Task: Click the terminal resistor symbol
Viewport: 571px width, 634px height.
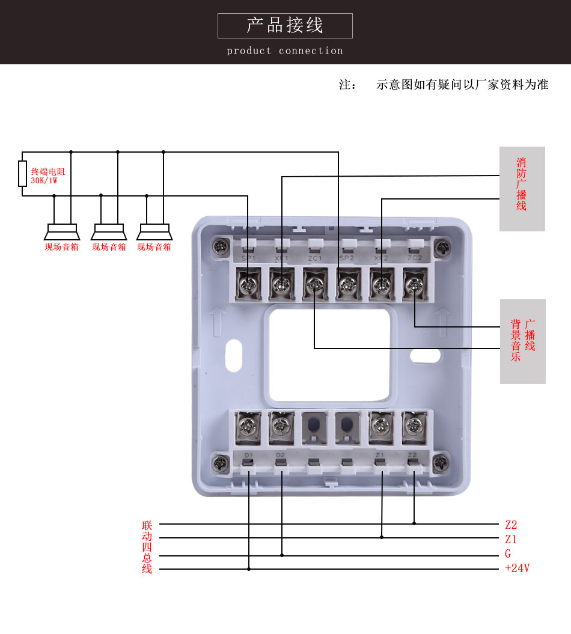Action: (x=22, y=173)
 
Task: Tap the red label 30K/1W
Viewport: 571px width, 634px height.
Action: (x=44, y=180)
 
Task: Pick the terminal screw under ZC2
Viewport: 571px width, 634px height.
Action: (x=414, y=282)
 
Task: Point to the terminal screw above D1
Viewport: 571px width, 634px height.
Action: (x=247, y=427)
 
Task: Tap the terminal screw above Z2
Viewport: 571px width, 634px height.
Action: (x=413, y=426)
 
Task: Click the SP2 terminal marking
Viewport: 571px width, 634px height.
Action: (x=346, y=258)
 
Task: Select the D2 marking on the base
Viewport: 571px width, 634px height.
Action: (x=280, y=455)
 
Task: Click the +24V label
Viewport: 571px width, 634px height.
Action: (x=517, y=568)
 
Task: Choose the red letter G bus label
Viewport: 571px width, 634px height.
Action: (x=508, y=554)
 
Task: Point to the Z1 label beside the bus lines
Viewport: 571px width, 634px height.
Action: (x=511, y=539)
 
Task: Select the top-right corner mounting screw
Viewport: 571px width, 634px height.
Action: (x=444, y=246)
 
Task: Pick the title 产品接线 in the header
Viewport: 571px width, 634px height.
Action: (x=285, y=26)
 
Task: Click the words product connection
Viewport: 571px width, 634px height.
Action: (x=285, y=51)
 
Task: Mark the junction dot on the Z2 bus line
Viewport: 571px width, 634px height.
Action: (x=414, y=523)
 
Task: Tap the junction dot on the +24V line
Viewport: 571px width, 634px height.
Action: (x=249, y=568)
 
